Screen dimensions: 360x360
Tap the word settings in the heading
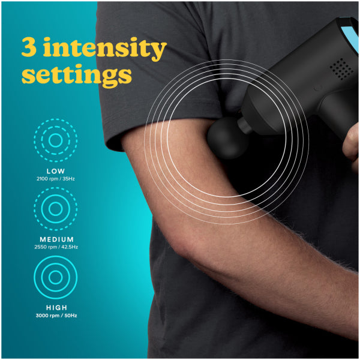coord(76,75)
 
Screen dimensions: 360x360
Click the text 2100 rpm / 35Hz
coord(55,179)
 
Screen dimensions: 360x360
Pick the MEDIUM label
coord(55,239)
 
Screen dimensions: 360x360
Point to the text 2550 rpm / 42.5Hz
coord(55,247)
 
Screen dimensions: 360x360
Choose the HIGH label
coord(55,307)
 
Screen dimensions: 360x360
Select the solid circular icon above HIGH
coord(55,277)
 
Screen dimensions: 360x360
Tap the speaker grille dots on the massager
coord(341,69)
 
